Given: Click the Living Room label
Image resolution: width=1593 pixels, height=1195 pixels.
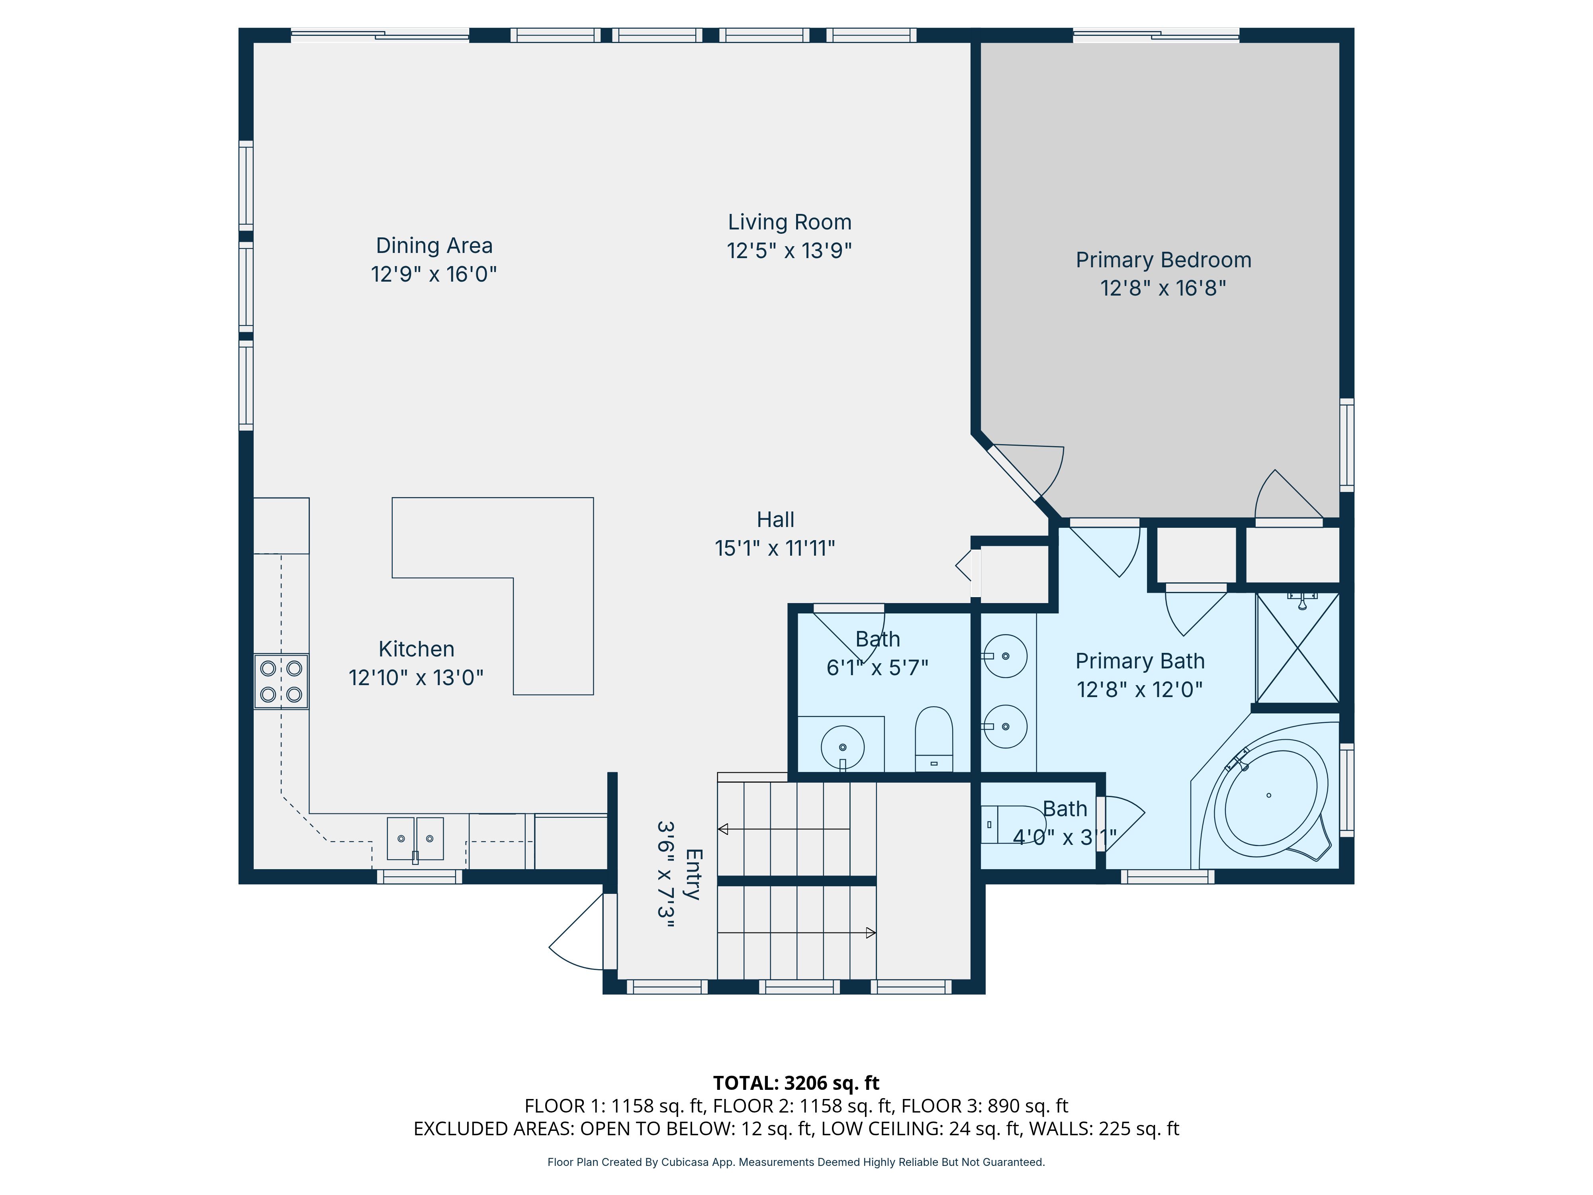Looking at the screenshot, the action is [789, 222].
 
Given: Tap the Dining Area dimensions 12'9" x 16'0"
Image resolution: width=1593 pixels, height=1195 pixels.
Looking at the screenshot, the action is [434, 274].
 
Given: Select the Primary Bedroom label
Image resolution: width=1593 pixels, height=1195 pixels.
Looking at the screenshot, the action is [1163, 260].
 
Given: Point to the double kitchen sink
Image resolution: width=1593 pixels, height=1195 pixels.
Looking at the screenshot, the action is [415, 839].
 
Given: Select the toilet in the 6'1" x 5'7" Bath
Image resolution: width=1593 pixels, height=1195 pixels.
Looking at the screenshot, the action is [934, 739].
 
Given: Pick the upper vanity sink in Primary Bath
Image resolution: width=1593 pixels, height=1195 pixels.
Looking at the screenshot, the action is [1005, 656].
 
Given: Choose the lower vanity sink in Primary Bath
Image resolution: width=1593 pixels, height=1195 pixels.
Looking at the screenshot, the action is [1005, 726].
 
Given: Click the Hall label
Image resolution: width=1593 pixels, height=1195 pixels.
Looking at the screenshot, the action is [776, 519].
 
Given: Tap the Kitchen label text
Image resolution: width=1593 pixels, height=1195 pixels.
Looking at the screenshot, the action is [416, 649].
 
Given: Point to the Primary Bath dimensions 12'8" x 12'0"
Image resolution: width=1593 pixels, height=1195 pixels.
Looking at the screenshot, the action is [1139, 690].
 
